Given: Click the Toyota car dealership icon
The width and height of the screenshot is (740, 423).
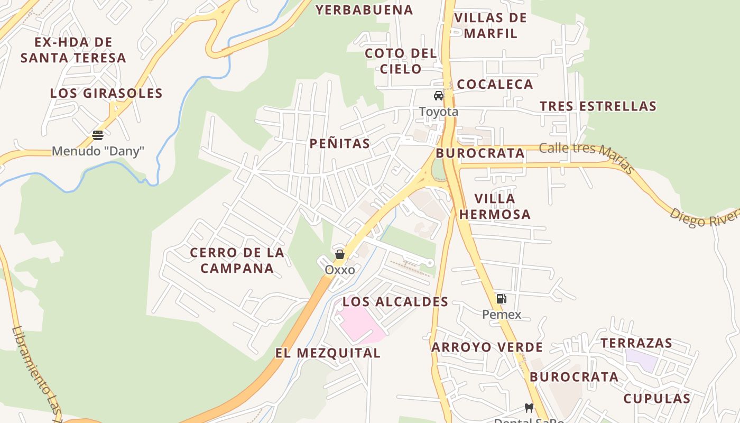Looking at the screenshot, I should click(438, 96).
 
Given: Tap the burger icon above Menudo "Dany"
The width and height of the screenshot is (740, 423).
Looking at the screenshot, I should click(98, 135).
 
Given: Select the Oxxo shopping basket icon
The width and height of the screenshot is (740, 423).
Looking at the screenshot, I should click(339, 254).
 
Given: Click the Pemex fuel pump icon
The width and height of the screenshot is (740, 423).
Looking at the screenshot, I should click(501, 299).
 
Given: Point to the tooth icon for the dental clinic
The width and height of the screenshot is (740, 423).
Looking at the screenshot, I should click(529, 408).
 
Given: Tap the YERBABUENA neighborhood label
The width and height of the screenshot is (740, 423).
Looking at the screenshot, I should click(364, 10).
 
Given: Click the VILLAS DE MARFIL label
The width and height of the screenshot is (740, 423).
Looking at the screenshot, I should click(490, 25).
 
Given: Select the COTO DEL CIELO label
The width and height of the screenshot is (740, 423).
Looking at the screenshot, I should click(401, 61).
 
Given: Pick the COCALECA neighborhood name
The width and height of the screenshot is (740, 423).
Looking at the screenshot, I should click(495, 84).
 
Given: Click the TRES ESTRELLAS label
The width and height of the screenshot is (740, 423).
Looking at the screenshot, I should click(598, 106).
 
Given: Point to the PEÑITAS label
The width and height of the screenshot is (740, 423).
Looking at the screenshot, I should click(339, 143).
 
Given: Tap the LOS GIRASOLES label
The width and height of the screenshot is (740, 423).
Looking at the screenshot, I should click(106, 93).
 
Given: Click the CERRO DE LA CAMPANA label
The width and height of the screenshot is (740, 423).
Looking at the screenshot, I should click(237, 260).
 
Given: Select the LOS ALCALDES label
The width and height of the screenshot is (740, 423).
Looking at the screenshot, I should click(395, 302).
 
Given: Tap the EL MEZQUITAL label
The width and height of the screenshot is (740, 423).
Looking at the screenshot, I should click(327, 353).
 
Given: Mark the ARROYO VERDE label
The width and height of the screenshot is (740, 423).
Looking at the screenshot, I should click(487, 347).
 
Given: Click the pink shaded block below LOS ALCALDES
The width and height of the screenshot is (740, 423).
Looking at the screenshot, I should click(359, 323).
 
